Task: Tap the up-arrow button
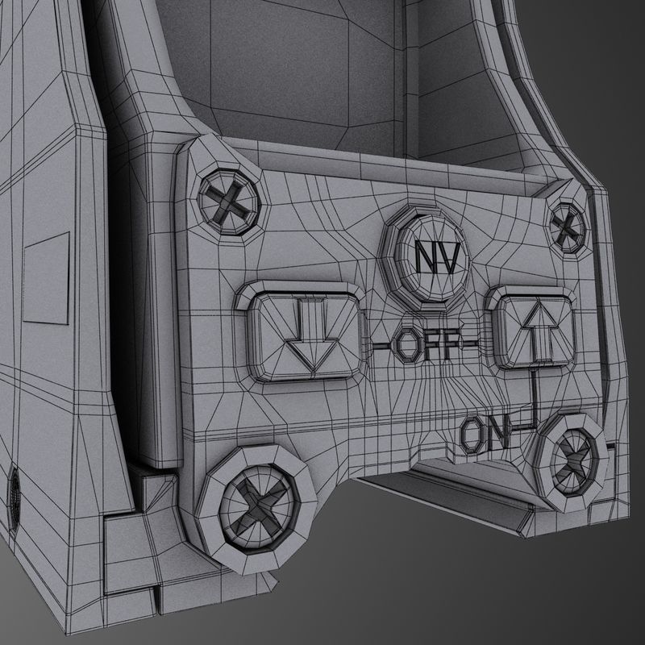(535, 330)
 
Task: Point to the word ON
(485, 436)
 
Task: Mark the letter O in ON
(472, 436)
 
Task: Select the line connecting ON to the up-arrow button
(533, 403)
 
